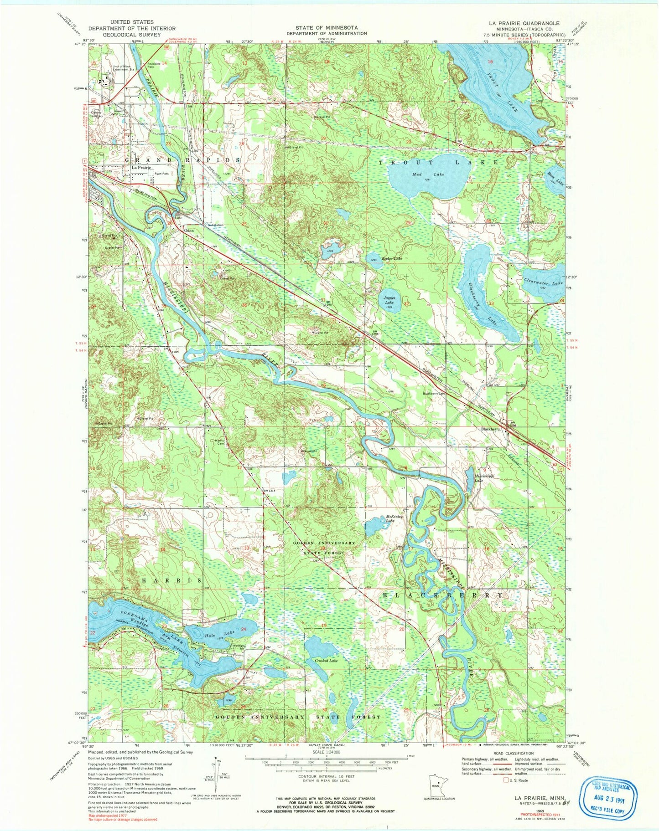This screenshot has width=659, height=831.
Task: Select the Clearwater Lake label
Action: (x=544, y=282)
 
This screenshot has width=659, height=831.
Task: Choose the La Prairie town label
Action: (x=141, y=168)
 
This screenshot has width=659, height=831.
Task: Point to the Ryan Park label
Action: (x=161, y=174)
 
